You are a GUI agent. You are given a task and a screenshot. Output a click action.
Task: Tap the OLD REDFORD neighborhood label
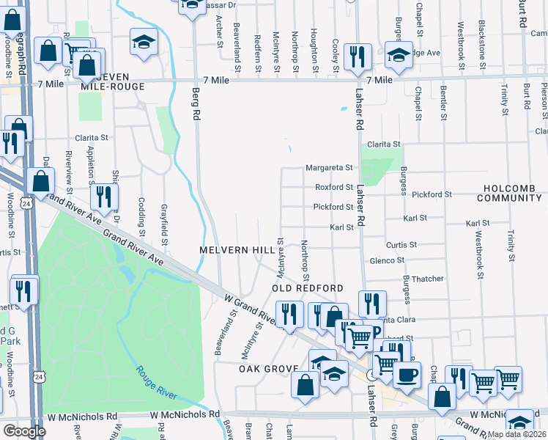308,288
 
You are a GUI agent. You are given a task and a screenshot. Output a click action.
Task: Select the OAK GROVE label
269,368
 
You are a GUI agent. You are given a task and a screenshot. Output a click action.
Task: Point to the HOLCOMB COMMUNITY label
511,193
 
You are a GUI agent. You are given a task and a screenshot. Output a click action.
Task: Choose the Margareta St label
329,168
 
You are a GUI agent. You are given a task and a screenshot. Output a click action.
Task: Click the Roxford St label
334,188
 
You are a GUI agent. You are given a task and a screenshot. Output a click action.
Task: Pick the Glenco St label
387,260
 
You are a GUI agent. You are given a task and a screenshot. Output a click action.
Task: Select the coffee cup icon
407,374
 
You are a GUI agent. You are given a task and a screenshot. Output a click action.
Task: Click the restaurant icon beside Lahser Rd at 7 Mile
357,56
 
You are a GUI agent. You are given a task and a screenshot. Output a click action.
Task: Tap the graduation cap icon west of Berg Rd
144,43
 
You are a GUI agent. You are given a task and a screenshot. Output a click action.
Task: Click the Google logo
24,431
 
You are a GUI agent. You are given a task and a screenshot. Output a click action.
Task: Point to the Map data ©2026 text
517,434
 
